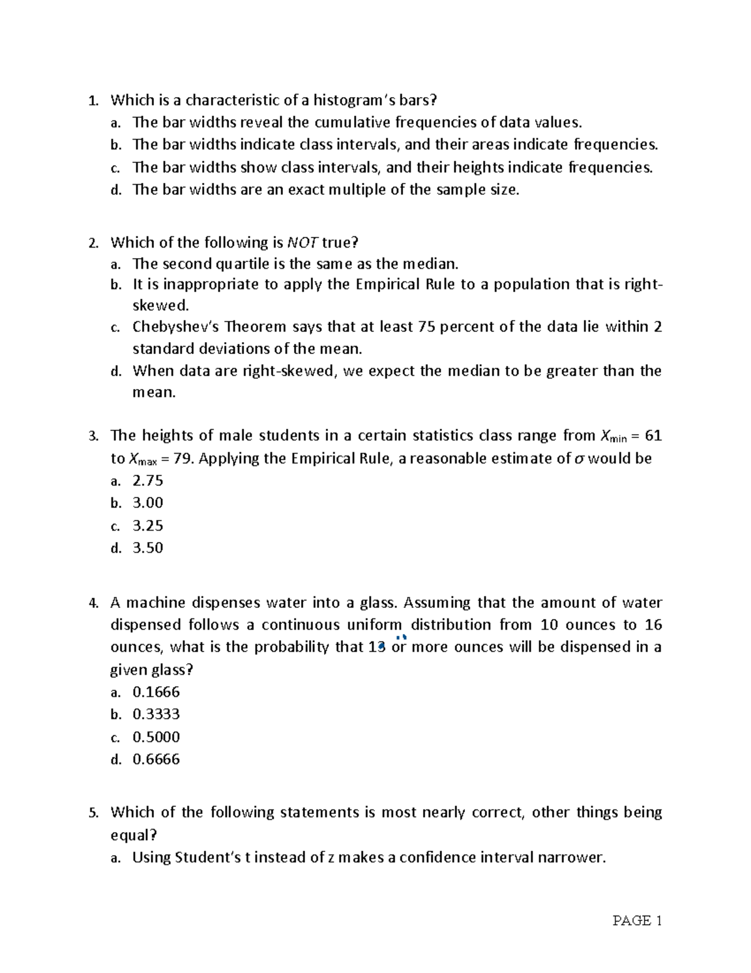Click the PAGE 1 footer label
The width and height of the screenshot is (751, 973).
pyautogui.click(x=637, y=921)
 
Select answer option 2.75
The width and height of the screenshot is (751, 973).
pyautogui.click(x=148, y=481)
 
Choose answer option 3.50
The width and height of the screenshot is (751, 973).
pyautogui.click(x=148, y=548)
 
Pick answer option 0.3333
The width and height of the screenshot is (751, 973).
pyautogui.click(x=156, y=714)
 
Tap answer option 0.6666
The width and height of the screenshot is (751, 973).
pyautogui.click(x=156, y=759)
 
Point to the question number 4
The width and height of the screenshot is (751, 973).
pyautogui.click(x=93, y=603)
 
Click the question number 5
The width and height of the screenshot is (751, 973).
pyautogui.click(x=93, y=813)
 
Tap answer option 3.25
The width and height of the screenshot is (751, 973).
pyautogui.click(x=148, y=526)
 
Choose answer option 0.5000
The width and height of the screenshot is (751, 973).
pyautogui.click(x=156, y=737)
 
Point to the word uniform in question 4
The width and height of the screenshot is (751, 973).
pyautogui.click(x=374, y=625)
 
